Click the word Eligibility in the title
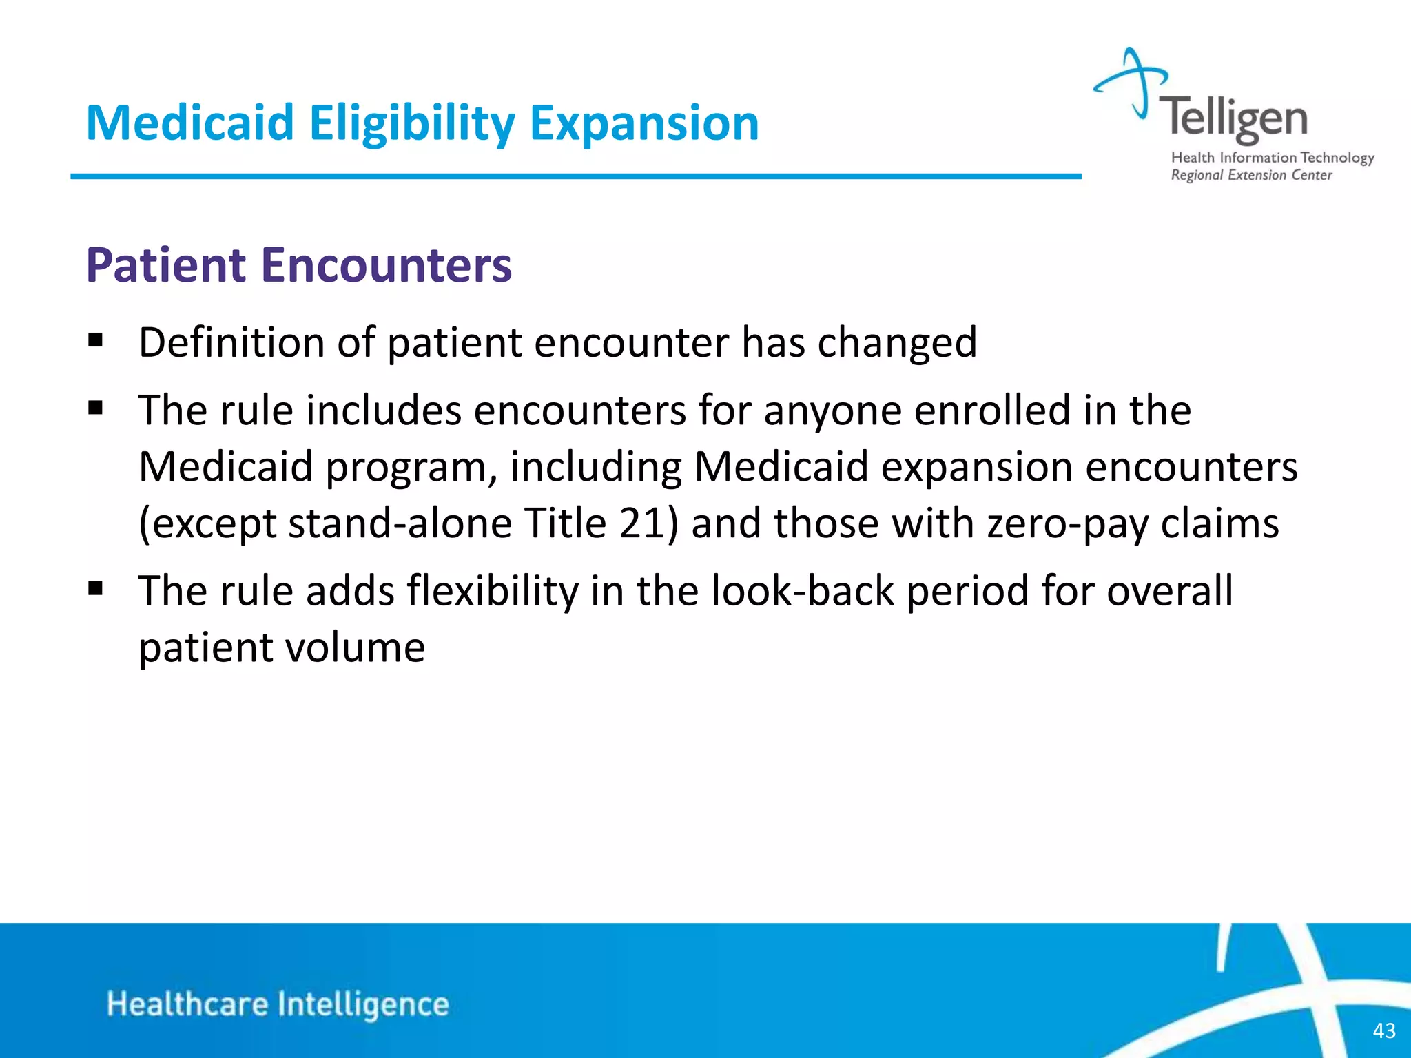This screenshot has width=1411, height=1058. coord(411,124)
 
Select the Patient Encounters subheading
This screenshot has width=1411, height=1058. coord(298,265)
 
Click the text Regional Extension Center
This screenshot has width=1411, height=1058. coord(1251,176)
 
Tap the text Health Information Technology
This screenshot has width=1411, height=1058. coord(1272,158)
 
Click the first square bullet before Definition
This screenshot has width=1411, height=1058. coord(96,340)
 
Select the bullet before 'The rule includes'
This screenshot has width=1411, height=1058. coord(96,408)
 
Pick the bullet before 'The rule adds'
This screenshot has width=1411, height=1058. coord(96,589)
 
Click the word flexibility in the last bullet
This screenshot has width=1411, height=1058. coord(492,591)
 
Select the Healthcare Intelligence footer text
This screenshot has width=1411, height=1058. coord(278,1004)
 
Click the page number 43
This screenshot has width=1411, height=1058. coord(1383,1030)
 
